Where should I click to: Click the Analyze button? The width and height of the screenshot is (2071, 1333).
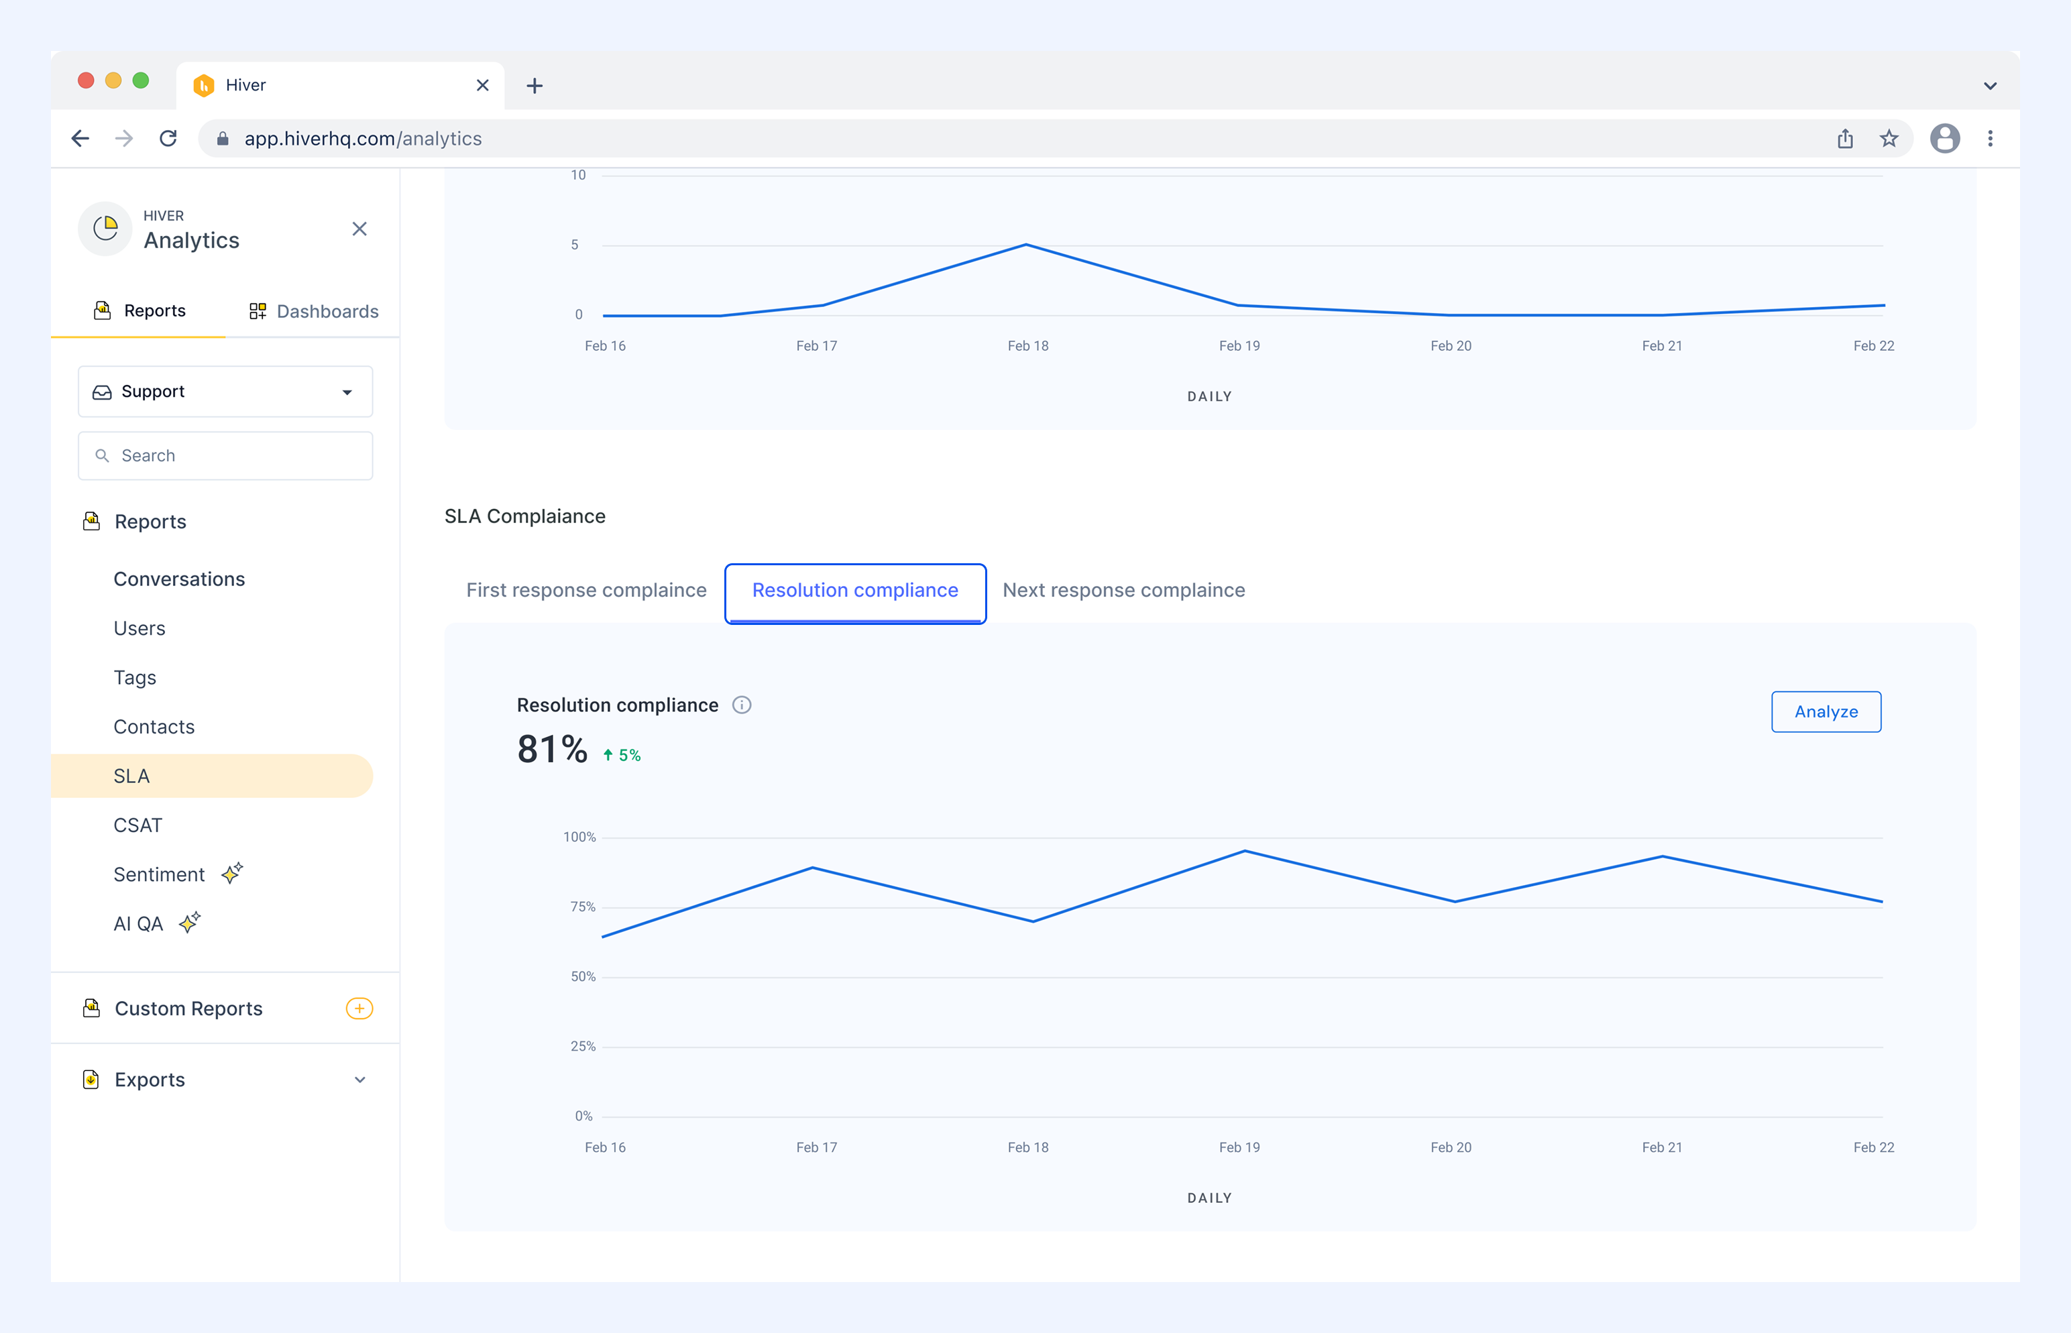(1826, 711)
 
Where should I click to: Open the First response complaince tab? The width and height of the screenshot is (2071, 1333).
(586, 590)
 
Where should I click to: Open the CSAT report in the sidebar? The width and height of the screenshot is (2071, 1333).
(137, 825)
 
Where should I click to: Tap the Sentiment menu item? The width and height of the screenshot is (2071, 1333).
(160, 874)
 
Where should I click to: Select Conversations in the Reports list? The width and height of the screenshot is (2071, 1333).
(179, 579)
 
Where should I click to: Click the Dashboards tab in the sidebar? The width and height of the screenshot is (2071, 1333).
(313, 310)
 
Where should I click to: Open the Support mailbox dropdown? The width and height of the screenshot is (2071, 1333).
(225, 391)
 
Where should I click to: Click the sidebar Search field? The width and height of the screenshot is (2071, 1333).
(225, 455)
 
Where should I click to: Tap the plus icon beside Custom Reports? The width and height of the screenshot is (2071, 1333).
(359, 1008)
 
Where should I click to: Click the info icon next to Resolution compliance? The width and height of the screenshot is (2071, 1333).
(742, 705)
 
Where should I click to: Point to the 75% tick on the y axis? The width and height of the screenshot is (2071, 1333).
(583, 907)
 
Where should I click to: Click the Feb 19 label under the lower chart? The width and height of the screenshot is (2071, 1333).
(1239, 1147)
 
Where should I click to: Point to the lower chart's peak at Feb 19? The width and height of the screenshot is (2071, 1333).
(1244, 851)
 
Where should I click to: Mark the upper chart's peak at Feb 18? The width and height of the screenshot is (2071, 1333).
(1026, 245)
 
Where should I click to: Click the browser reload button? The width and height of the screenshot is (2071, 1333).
(168, 139)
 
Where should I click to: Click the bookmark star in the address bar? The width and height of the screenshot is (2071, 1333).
(1889, 139)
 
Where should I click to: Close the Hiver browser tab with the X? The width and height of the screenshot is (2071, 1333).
(482, 85)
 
